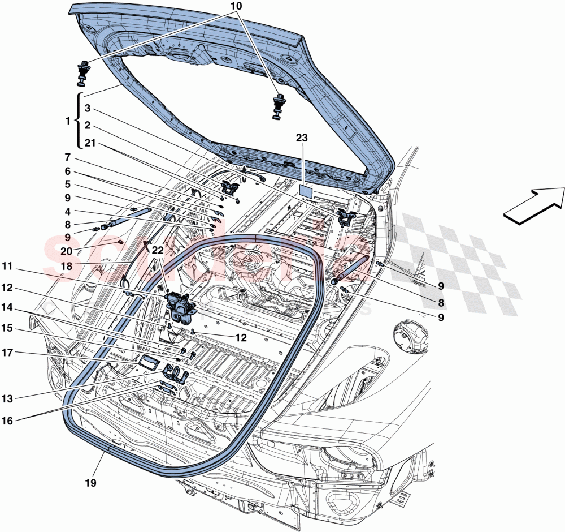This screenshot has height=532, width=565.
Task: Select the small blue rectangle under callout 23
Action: pyautogui.click(x=306, y=190)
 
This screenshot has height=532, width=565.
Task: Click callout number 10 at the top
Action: pyautogui.click(x=236, y=6)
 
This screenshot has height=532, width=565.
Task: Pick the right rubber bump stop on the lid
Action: pyautogui.click(x=279, y=105)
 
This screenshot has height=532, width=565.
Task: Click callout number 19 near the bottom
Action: pyautogui.click(x=91, y=483)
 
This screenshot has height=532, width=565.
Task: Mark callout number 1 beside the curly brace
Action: pyautogui.click(x=68, y=121)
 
